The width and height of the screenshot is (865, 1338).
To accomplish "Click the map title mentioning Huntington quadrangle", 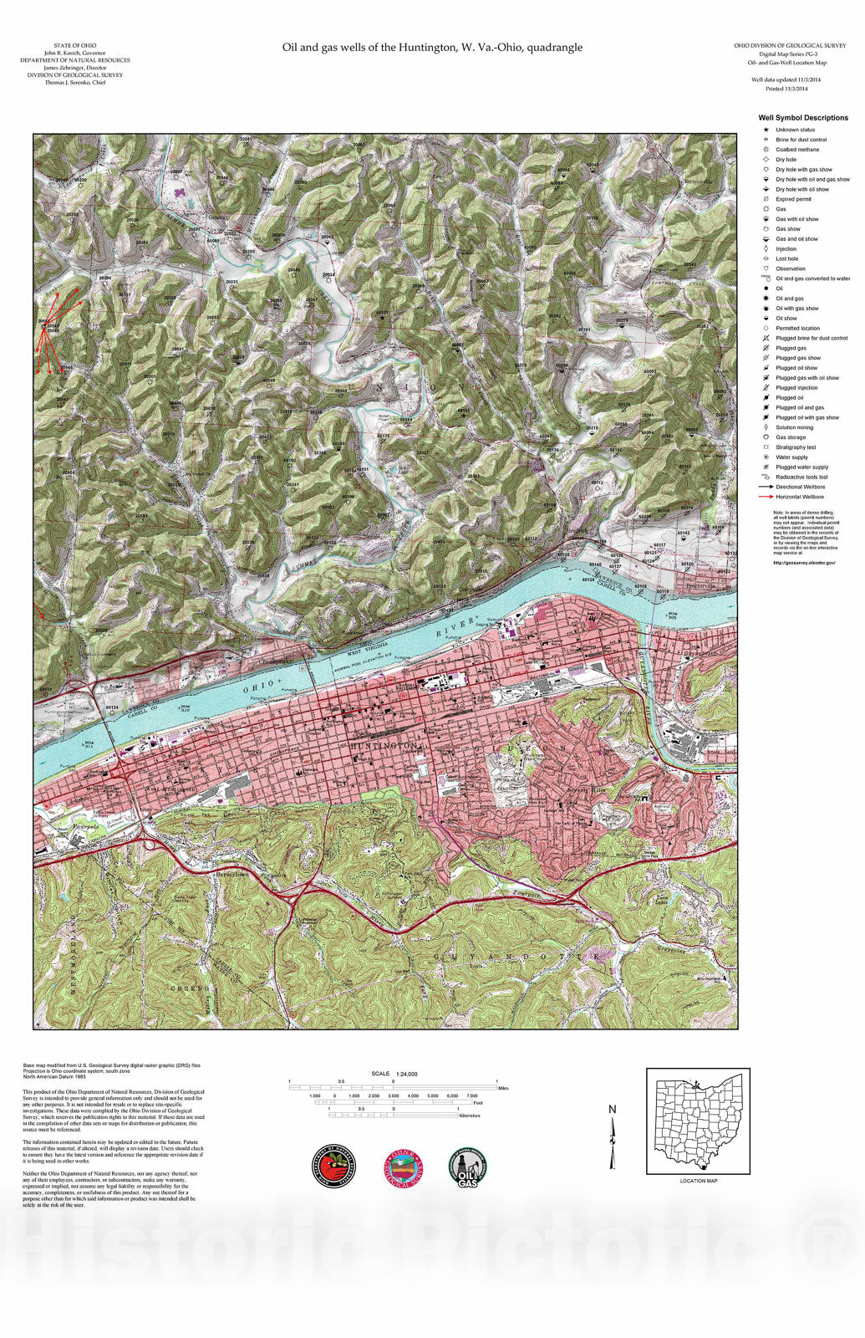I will [x=432, y=48].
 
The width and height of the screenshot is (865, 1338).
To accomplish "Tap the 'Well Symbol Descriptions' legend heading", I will [x=802, y=118].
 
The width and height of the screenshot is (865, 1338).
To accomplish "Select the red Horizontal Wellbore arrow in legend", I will [x=766, y=497].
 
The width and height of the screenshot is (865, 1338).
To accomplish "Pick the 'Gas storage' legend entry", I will [x=790, y=437].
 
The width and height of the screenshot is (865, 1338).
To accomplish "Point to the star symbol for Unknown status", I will [x=766, y=130].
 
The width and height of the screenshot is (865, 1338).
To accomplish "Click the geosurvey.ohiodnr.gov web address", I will [x=803, y=563].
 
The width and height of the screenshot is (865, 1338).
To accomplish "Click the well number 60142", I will [x=684, y=533].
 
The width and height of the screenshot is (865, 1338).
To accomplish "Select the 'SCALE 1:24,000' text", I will [x=394, y=1074].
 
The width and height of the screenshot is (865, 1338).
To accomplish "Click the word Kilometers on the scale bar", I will [x=470, y=1116].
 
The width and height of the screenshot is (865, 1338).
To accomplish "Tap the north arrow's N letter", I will [x=612, y=1110].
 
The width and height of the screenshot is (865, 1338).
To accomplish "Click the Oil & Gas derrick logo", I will [x=468, y=1167].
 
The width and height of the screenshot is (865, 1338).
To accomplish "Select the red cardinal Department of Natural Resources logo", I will [x=333, y=1166].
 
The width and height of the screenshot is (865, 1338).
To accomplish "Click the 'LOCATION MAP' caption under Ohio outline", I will [x=698, y=1181].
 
